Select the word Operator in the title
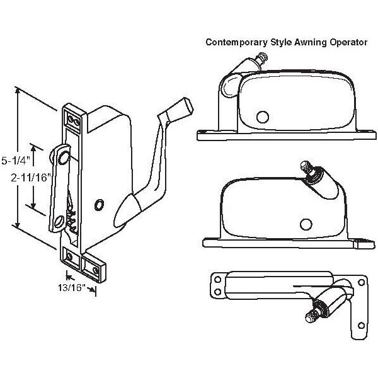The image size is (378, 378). (345, 43)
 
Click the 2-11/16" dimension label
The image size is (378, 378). (31, 178)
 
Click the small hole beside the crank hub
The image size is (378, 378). (98, 204)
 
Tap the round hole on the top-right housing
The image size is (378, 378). (262, 117)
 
